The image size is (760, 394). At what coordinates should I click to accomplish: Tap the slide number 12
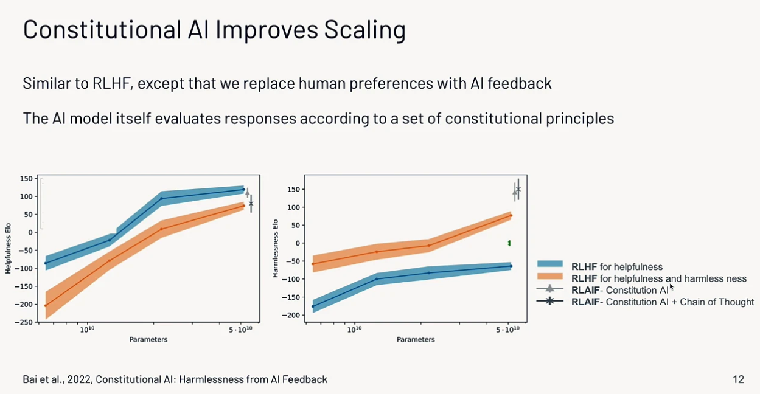738,379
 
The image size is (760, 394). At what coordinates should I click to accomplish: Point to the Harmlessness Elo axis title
276,248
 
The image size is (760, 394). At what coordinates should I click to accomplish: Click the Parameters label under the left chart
148,339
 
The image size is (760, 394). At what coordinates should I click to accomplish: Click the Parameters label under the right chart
416,339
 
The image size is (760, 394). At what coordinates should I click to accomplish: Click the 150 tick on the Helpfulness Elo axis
26,178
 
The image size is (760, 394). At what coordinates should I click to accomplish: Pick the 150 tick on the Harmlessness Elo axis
295,189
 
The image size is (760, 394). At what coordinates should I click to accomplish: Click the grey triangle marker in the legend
550,289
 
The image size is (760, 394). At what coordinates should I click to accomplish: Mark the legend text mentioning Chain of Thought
662,302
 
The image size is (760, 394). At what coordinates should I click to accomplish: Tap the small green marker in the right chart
509,243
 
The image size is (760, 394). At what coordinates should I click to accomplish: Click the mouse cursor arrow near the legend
671,287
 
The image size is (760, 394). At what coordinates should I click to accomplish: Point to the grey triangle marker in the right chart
515,192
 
